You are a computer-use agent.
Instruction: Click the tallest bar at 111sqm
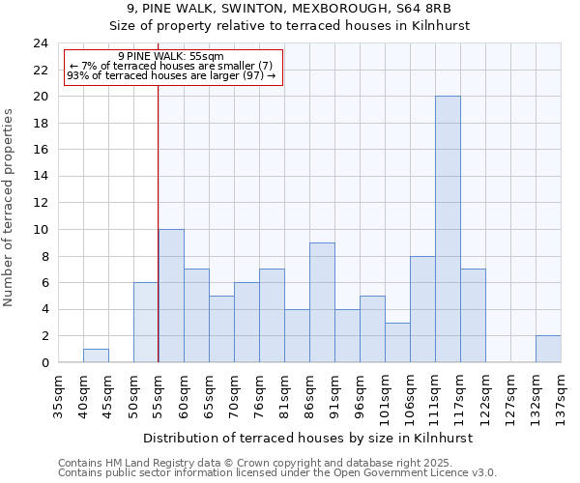pyautogui.click(x=448, y=229)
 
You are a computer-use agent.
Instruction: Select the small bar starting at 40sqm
pyautogui.click(x=96, y=355)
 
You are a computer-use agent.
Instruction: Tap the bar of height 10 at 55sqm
pyautogui.click(x=171, y=296)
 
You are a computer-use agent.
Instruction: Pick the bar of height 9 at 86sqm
pyautogui.click(x=322, y=302)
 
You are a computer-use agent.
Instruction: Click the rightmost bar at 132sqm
pyautogui.click(x=548, y=349)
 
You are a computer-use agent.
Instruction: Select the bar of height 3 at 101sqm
pyautogui.click(x=397, y=342)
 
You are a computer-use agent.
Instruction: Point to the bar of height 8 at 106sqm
pyautogui.click(x=422, y=309)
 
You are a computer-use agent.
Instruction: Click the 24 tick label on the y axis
pyautogui.click(x=41, y=43)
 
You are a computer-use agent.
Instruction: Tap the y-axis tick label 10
pyautogui.click(x=41, y=230)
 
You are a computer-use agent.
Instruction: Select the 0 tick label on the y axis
pyautogui.click(x=44, y=363)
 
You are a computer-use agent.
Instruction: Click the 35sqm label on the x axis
pyautogui.click(x=58, y=396)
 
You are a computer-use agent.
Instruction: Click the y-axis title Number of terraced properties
pyautogui.click(x=10, y=208)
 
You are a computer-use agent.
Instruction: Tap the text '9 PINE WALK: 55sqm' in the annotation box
pyautogui.click(x=171, y=57)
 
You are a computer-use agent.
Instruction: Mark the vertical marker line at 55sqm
pyautogui.click(x=158, y=241)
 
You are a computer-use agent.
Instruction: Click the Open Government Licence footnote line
pyautogui.click(x=276, y=473)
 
